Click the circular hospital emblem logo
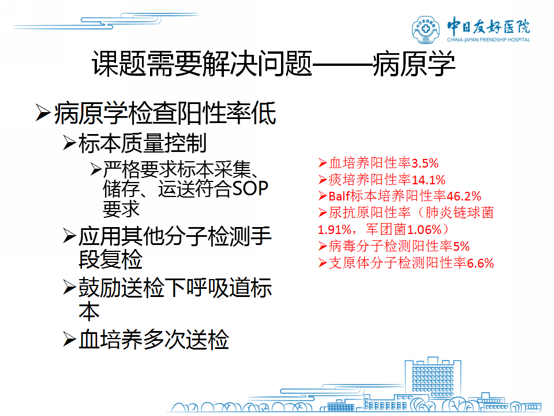[426, 29]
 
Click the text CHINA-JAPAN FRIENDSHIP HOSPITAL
[489, 40]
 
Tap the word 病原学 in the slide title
[414, 64]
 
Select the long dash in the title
[343, 65]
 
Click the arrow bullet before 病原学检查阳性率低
[43, 113]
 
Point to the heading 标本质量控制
[143, 143]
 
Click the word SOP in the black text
[250, 188]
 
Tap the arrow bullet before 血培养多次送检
[69, 340]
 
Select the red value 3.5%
[425, 164]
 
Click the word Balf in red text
[339, 196]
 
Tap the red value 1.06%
[424, 230]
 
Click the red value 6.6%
[480, 263]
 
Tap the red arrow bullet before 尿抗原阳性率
[322, 213]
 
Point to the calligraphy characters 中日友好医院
[489, 25]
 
